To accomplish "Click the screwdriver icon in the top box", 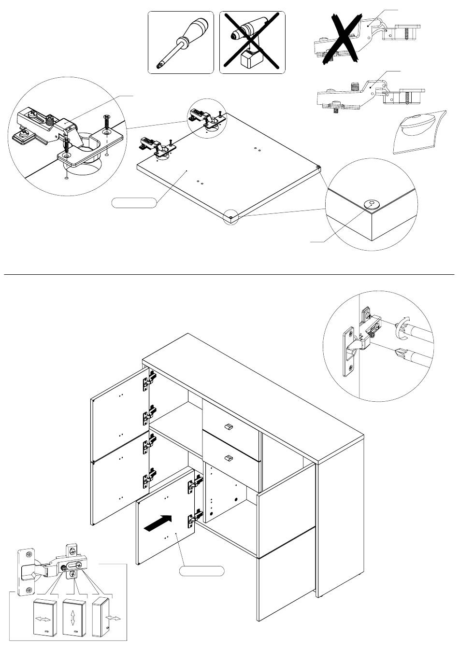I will click(180, 42).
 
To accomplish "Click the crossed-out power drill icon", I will click(252, 42).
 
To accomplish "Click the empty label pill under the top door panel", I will click(134, 202).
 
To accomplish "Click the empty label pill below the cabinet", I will click(201, 571).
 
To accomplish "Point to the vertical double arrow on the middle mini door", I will click(72, 618).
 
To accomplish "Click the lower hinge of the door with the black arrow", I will click(194, 517).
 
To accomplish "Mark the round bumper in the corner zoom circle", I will click(372, 204).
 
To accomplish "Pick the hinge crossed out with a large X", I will click(345, 39).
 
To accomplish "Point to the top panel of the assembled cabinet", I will click(251, 386).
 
